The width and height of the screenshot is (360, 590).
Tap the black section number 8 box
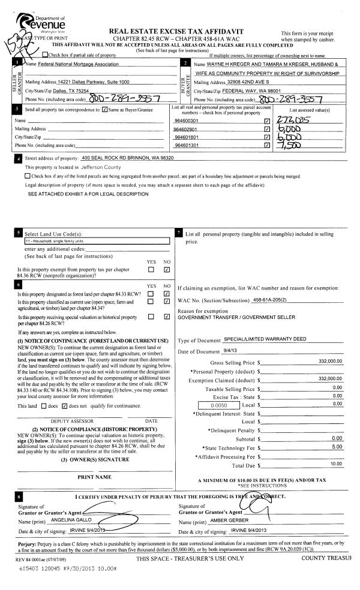click(x=20, y=497)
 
